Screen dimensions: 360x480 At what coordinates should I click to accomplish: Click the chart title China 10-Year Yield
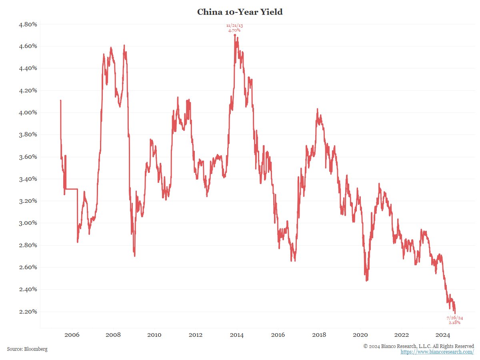[x=240, y=12]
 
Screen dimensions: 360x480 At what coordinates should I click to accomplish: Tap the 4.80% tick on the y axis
[x=28, y=24]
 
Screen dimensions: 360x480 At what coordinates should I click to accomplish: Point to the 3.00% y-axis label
[x=28, y=223]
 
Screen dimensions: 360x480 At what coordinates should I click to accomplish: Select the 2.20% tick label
[x=28, y=311]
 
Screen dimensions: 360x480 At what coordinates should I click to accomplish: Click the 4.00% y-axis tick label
[x=28, y=112]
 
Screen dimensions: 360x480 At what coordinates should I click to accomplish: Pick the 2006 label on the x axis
[x=72, y=335]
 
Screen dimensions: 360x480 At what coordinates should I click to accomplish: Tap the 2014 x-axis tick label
[x=237, y=335]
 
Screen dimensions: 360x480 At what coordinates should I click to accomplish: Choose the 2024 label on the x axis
[x=443, y=335]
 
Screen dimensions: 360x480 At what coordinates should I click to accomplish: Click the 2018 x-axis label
[x=319, y=335]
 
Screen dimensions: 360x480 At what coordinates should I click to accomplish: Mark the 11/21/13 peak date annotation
[x=234, y=26]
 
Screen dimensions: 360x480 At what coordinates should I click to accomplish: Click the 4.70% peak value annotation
[x=234, y=30]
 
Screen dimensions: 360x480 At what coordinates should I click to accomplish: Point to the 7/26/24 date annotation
[x=454, y=318]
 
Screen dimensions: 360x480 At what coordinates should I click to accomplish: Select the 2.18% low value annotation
[x=454, y=322]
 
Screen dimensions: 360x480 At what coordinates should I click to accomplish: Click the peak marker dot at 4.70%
[x=235, y=35]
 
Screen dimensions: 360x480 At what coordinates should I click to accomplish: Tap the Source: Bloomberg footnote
[x=27, y=349]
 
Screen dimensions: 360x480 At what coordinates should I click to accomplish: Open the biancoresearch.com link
[x=437, y=352]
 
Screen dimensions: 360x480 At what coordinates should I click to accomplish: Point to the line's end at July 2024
[x=455, y=313]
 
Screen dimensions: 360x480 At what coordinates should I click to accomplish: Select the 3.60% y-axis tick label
[x=28, y=156]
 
